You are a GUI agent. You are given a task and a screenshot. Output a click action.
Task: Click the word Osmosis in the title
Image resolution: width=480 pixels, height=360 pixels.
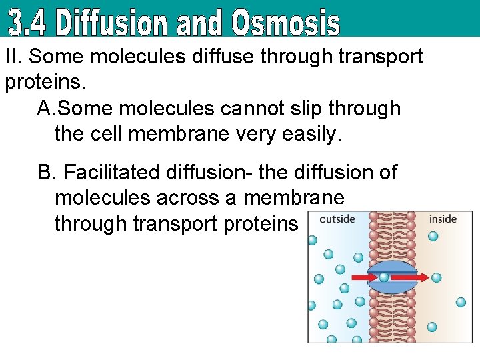(x=286, y=23)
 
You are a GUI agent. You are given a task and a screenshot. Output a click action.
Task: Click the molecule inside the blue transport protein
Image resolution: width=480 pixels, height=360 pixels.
(x=385, y=277)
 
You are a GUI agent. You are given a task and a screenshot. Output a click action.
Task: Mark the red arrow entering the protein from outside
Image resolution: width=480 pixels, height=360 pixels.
(x=363, y=277)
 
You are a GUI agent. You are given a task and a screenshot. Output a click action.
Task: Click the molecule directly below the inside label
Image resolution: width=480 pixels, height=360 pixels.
(x=433, y=236)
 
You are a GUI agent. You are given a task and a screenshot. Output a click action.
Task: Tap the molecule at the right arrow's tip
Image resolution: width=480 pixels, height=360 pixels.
(x=437, y=277)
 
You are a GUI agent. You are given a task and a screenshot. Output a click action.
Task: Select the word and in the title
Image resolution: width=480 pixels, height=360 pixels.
(x=199, y=23)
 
